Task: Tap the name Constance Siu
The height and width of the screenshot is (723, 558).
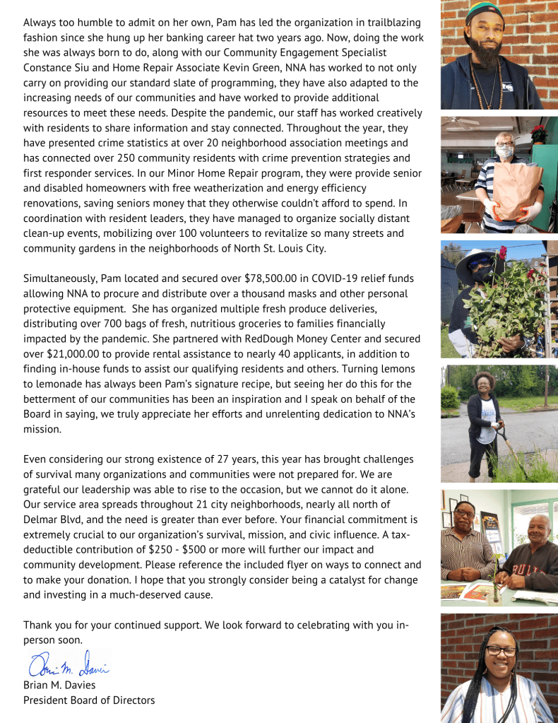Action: pyautogui.click(x=57, y=68)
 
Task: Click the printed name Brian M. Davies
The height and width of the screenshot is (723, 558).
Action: pyautogui.click(x=59, y=685)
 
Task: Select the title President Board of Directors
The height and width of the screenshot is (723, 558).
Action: pyautogui.click(x=89, y=700)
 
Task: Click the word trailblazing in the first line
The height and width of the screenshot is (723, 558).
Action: pyautogui.click(x=388, y=23)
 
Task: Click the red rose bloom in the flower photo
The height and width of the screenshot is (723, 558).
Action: pyautogui.click(x=504, y=252)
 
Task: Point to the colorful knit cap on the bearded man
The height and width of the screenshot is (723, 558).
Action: pyautogui.click(x=485, y=11)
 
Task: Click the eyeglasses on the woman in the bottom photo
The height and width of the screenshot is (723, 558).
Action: pyautogui.click(x=501, y=651)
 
